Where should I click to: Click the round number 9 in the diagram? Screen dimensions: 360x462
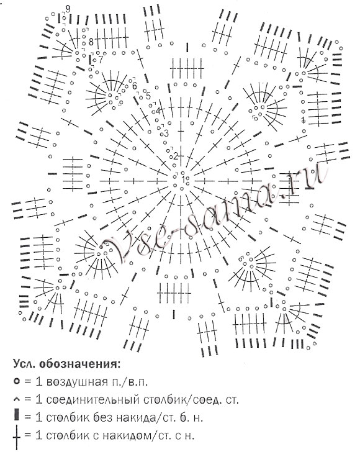[x=68, y=9]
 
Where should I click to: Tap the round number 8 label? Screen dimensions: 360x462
[x=91, y=42]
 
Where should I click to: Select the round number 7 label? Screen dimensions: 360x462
[x=101, y=60]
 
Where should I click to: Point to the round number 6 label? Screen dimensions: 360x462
[x=135, y=86]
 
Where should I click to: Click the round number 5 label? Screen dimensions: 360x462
[x=148, y=96]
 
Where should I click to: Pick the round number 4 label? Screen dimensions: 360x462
[x=158, y=111]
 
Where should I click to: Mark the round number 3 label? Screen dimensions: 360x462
[x=166, y=133]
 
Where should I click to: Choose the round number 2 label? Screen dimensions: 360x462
[x=176, y=156]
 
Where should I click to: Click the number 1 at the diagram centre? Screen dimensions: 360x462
[x=184, y=179]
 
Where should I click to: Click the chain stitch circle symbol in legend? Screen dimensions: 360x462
[x=17, y=381]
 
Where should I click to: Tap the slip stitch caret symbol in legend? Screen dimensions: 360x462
[x=17, y=400]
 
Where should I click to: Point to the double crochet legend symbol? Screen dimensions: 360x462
[x=17, y=438]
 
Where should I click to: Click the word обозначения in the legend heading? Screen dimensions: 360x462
[x=80, y=364]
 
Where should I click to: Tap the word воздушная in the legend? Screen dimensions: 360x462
[x=76, y=382]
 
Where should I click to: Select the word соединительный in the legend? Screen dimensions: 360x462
[x=93, y=400]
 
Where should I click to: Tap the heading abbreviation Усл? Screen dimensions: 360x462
[x=24, y=364]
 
